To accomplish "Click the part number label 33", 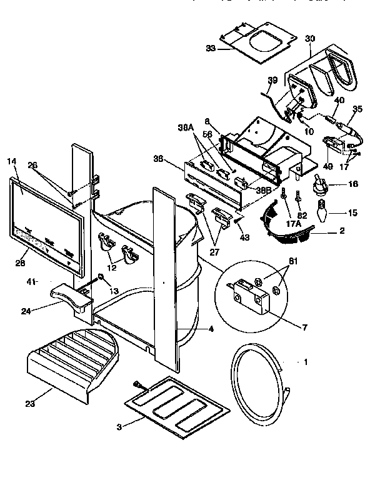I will [x=212, y=47].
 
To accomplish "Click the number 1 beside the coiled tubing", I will [x=306, y=362].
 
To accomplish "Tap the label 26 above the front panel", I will [x=33, y=166].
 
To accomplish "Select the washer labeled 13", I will [x=99, y=277].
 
